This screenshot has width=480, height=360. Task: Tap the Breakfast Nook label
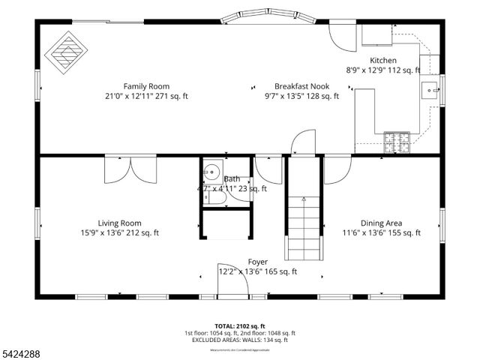(x=301, y=85)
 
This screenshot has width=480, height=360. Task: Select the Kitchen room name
(x=383, y=60)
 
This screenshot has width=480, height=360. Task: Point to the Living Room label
(x=120, y=223)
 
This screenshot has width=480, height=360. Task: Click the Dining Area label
(x=382, y=223)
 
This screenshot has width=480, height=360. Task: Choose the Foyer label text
(x=257, y=262)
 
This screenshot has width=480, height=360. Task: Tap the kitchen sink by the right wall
(x=430, y=91)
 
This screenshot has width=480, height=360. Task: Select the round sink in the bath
(x=211, y=171)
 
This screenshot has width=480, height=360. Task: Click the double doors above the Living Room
(x=131, y=169)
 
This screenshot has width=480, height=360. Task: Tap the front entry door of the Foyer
(x=227, y=278)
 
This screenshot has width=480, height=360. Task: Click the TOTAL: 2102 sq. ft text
(x=240, y=325)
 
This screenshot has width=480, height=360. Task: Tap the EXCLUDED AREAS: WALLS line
(x=240, y=340)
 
